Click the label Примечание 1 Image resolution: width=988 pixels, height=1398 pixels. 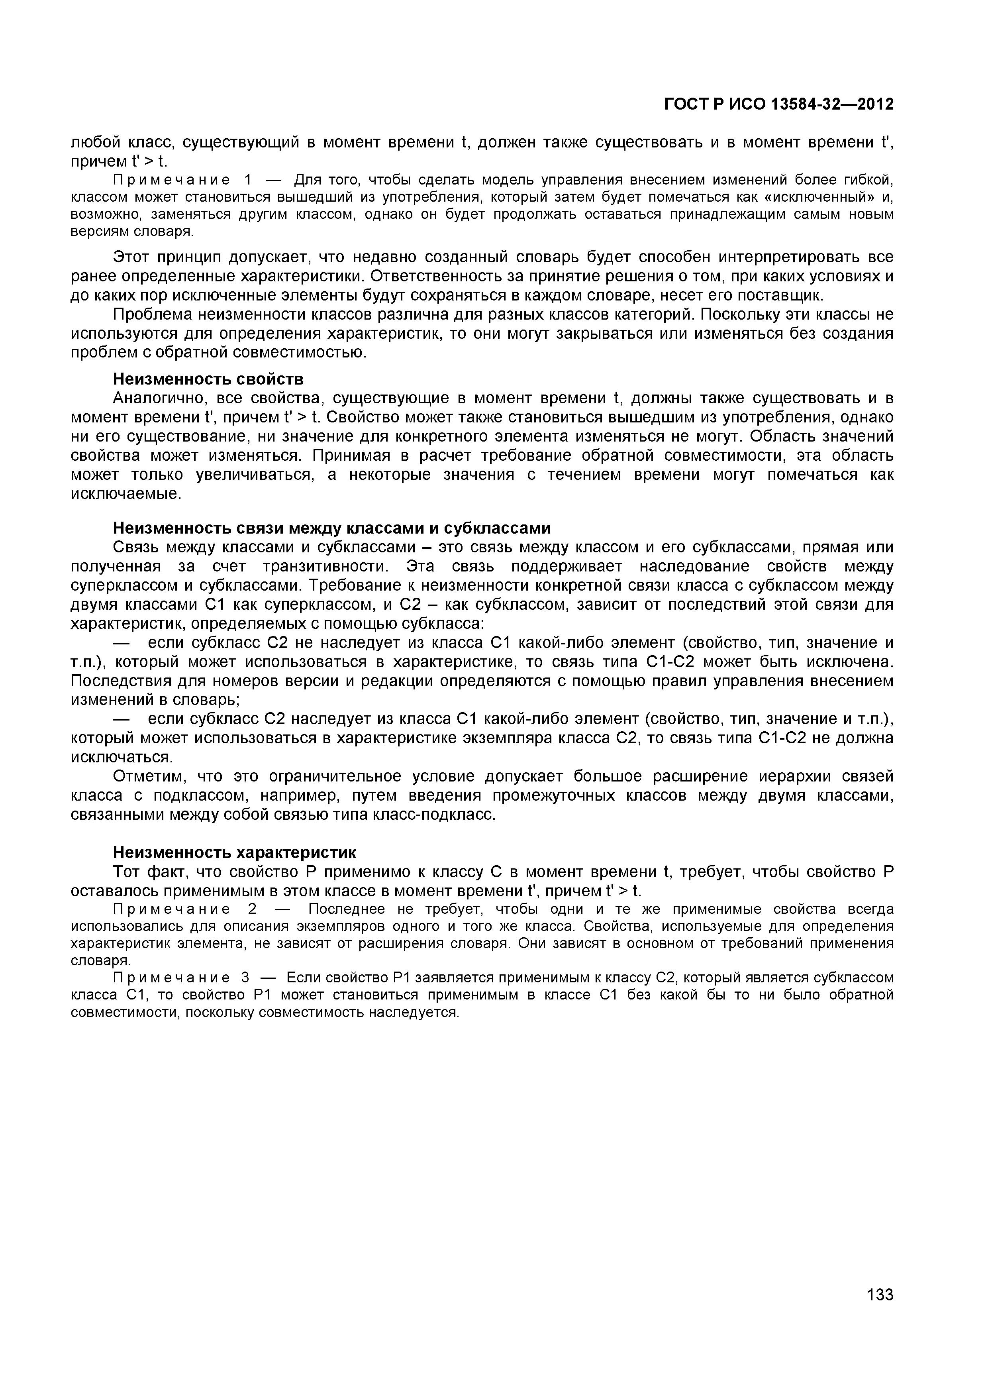pos(181,180)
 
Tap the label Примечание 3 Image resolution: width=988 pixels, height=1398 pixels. pos(181,977)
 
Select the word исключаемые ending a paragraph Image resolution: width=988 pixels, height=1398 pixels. pos(126,493)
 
